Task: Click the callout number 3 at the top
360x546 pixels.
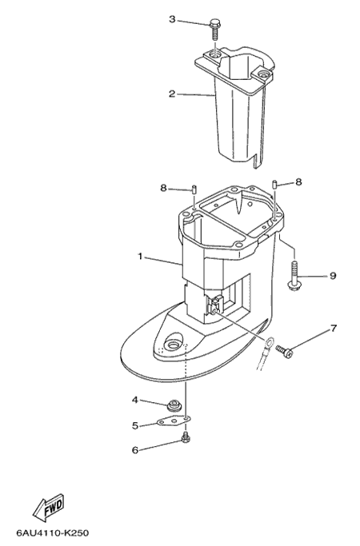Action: [x=172, y=19]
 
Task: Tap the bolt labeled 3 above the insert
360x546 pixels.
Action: [x=215, y=30]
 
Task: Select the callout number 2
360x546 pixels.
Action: [x=172, y=94]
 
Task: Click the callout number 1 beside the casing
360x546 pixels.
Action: [x=140, y=257]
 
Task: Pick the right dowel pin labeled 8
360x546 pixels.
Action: [x=275, y=184]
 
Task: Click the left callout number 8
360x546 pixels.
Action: [x=164, y=188]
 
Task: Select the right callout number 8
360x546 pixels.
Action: [x=298, y=181]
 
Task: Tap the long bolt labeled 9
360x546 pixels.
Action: [x=294, y=276]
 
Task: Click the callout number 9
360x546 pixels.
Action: [x=333, y=276]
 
